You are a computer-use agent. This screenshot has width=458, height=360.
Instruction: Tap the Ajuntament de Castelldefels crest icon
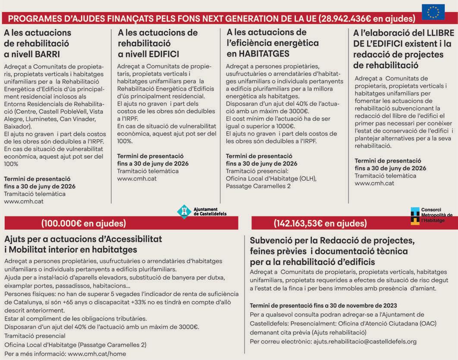pos(184,211)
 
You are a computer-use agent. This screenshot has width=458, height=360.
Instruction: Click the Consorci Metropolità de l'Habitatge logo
pos(415,216)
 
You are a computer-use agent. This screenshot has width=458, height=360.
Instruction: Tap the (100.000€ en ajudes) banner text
pos(84,223)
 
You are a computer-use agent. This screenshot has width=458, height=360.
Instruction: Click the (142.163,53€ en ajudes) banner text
pos(320,223)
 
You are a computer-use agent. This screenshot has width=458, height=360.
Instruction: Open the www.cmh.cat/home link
pos(97,354)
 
